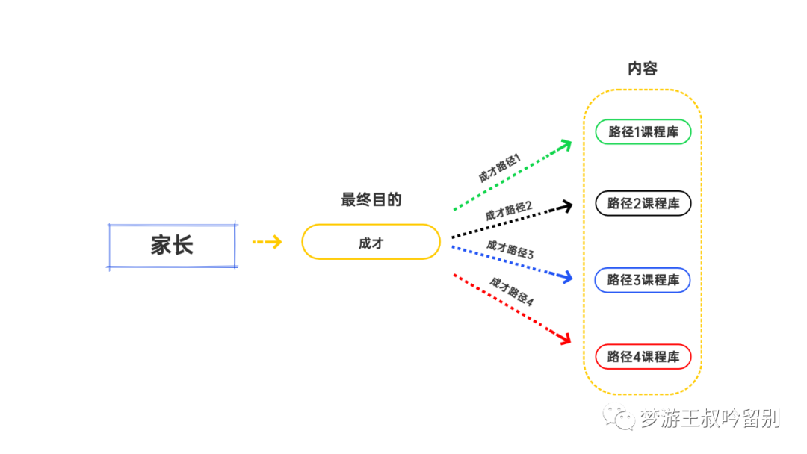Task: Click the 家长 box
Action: [x=173, y=246]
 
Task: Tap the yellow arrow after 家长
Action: [x=267, y=242]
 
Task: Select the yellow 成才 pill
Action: [x=371, y=242]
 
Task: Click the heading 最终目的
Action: [x=371, y=199]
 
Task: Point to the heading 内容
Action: [x=642, y=69]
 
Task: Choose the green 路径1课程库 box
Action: [x=643, y=132]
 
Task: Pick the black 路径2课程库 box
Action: [x=643, y=203]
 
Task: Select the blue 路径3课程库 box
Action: [x=643, y=280]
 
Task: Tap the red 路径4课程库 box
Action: [x=643, y=357]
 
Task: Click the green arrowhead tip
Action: [x=572, y=140]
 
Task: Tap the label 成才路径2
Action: [x=509, y=211]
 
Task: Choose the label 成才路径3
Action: [x=510, y=249]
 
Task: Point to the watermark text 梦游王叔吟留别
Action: [x=709, y=417]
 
